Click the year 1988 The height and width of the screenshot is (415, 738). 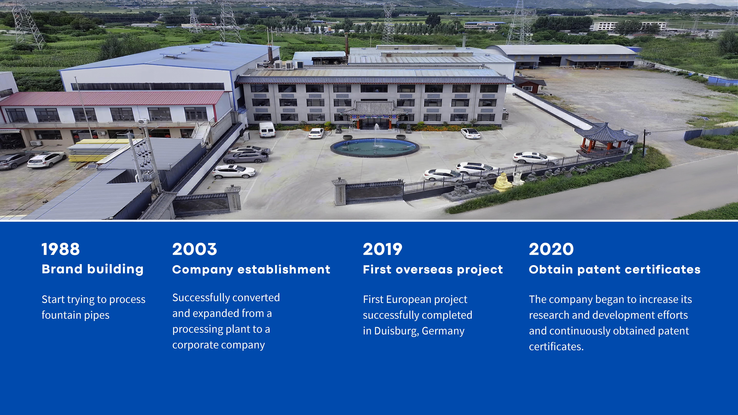point(60,249)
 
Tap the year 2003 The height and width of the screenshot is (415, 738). point(194,249)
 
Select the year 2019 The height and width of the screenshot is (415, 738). point(382,249)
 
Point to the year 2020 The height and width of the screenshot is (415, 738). point(551,249)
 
